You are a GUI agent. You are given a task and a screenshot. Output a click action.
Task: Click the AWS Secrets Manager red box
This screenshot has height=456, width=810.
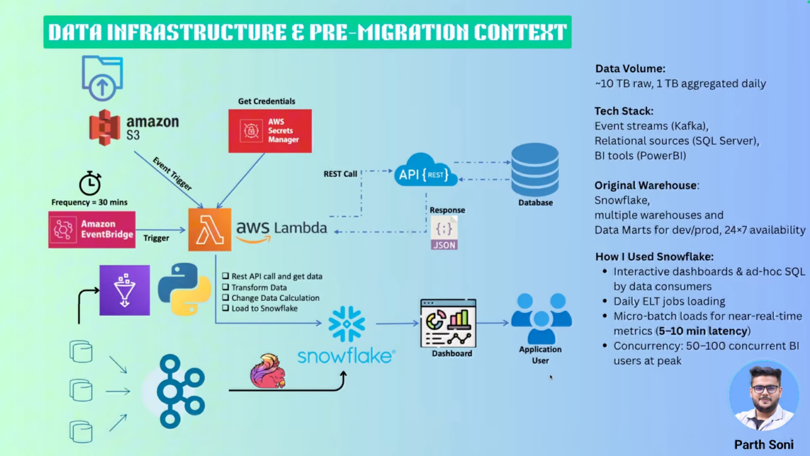point(270,131)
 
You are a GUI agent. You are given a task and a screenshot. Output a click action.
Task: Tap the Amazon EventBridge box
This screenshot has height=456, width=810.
point(92,229)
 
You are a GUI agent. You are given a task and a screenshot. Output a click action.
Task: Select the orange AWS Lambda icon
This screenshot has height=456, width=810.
point(210,229)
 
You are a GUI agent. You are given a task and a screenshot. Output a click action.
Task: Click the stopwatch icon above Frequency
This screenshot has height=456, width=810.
point(90,183)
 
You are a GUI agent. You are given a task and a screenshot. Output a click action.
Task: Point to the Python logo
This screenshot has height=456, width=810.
point(184,289)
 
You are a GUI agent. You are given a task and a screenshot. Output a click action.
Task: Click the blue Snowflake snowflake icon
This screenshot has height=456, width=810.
point(346,324)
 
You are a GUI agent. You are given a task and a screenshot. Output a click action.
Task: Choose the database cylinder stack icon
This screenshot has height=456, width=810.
point(535,170)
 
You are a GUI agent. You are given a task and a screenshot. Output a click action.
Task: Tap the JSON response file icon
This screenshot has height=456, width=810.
point(444,233)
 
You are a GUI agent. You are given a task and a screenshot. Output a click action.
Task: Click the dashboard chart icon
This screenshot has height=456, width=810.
point(448,323)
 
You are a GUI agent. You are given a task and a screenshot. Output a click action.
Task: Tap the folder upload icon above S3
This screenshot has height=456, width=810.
point(102,78)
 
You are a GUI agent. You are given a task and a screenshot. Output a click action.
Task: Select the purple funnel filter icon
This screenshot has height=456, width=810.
point(125,290)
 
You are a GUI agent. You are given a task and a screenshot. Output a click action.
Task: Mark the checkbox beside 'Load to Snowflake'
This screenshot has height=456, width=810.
point(225,308)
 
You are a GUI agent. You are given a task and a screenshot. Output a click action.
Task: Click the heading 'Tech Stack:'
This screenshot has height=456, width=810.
point(624,111)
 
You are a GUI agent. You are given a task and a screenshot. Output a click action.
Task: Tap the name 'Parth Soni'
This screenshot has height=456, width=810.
point(763,445)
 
